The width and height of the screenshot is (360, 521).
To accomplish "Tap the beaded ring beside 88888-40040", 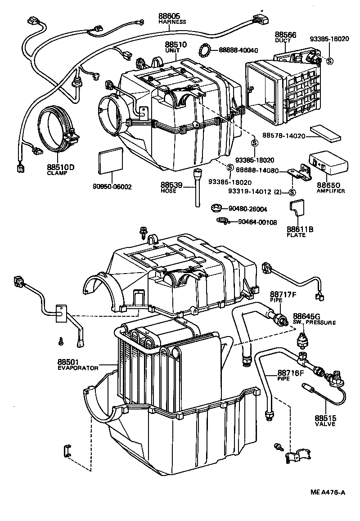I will pyautogui.click(x=205, y=50).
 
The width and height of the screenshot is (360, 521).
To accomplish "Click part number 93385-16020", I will pyautogui.click(x=329, y=39).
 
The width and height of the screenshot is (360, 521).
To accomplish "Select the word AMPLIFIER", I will pyautogui.click(x=331, y=191).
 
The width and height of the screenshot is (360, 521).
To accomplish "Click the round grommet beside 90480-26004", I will pyautogui.click(x=217, y=208).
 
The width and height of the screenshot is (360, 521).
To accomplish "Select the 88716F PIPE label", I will pyautogui.click(x=291, y=374).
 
